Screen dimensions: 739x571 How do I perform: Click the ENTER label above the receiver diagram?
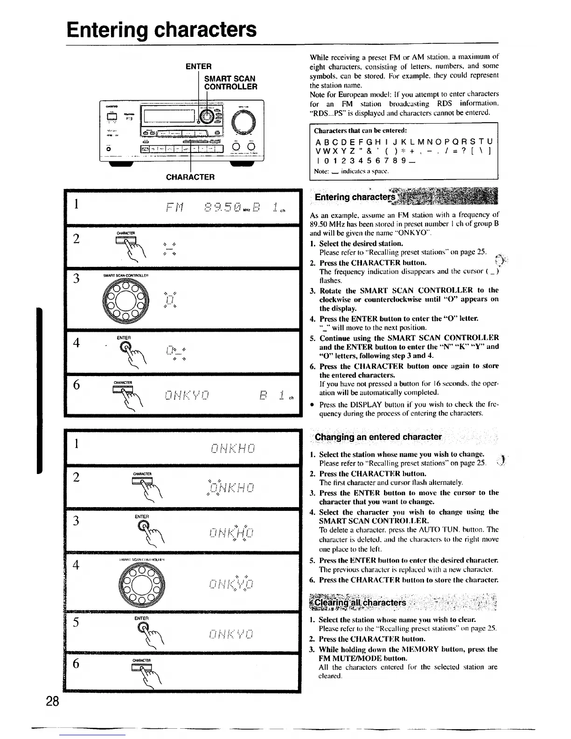click(x=198, y=66)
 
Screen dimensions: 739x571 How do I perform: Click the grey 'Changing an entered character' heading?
click(x=378, y=437)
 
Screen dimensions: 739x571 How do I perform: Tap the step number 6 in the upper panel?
click(x=77, y=385)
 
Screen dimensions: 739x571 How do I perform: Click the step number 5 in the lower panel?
click(x=77, y=623)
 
